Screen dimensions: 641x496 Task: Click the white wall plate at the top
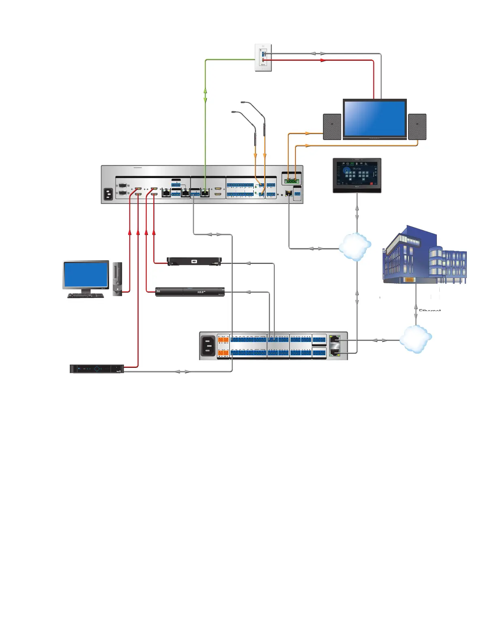(x=263, y=58)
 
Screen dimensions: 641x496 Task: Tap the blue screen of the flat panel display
(x=374, y=118)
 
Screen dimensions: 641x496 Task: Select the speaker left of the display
(x=332, y=127)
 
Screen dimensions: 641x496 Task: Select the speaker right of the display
(x=417, y=127)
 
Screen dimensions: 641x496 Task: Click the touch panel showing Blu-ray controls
(x=357, y=175)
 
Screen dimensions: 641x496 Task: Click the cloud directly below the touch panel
(x=355, y=246)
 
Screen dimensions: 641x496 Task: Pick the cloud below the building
(x=416, y=338)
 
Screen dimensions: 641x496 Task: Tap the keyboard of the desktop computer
(x=86, y=295)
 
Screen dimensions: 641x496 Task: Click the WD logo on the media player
(x=194, y=261)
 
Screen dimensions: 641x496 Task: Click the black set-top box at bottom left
(x=97, y=369)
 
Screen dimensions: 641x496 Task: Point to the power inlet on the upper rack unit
(x=108, y=195)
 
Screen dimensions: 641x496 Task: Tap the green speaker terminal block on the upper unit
(x=291, y=181)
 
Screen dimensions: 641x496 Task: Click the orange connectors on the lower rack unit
(x=223, y=346)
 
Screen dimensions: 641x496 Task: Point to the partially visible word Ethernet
(x=430, y=310)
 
